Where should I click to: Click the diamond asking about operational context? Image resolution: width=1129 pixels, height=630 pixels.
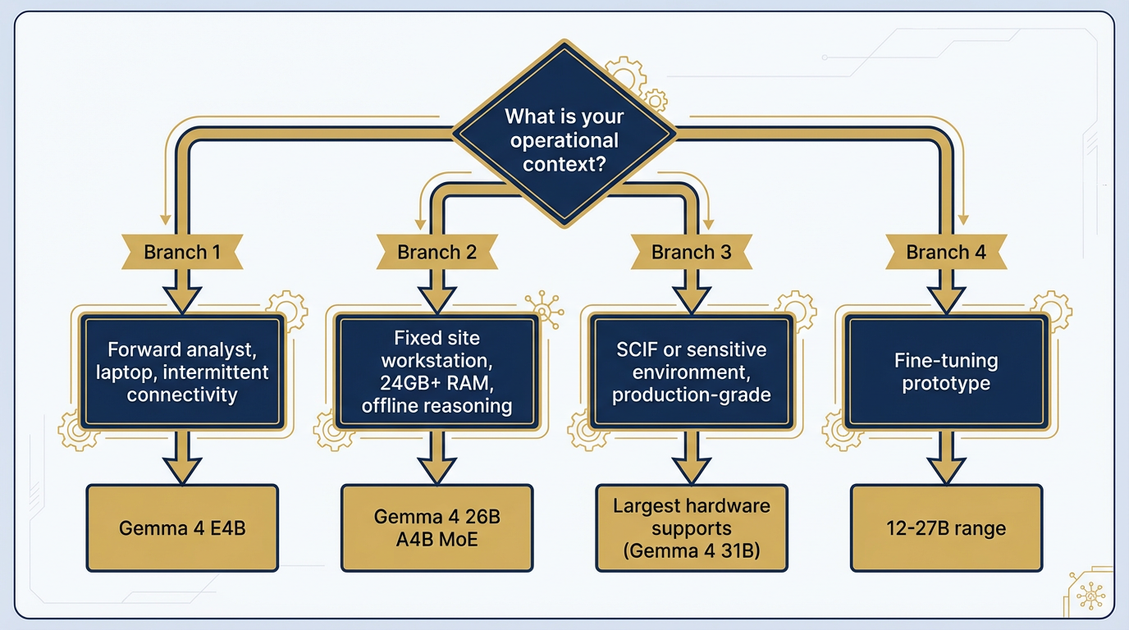click(x=564, y=139)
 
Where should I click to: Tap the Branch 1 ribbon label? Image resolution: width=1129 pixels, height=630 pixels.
click(x=182, y=252)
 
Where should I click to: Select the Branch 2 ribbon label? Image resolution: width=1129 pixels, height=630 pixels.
click(x=437, y=252)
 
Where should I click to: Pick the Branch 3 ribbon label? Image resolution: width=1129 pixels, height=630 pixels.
click(x=691, y=252)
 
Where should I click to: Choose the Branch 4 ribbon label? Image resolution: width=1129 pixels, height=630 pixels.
click(x=946, y=252)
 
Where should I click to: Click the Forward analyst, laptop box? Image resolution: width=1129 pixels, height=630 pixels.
click(x=182, y=372)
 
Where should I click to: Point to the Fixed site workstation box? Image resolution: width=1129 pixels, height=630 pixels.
click(x=437, y=372)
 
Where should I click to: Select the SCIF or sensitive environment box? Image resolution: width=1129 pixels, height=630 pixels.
click(x=691, y=372)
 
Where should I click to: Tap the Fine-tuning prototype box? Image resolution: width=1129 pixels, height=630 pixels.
click(x=946, y=372)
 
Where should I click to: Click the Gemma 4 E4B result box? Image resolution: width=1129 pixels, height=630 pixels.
click(x=182, y=527)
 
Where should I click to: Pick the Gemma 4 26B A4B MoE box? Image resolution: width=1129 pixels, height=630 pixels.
click(x=437, y=527)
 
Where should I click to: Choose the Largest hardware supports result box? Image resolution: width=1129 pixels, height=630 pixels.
click(x=691, y=527)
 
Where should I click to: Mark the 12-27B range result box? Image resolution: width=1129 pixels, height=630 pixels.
click(x=946, y=527)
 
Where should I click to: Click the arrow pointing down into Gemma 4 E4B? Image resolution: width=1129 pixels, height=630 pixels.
click(x=182, y=459)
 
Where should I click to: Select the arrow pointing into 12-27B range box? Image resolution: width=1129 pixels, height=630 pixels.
click(x=946, y=459)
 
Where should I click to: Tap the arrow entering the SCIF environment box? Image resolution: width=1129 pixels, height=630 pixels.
click(x=691, y=291)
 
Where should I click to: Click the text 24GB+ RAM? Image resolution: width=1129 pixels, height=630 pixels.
click(x=437, y=383)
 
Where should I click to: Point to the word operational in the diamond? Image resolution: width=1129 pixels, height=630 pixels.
click(x=564, y=140)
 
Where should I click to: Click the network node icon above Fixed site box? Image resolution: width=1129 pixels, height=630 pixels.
click(x=543, y=305)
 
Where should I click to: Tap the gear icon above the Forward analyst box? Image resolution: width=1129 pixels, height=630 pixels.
click(x=286, y=309)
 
